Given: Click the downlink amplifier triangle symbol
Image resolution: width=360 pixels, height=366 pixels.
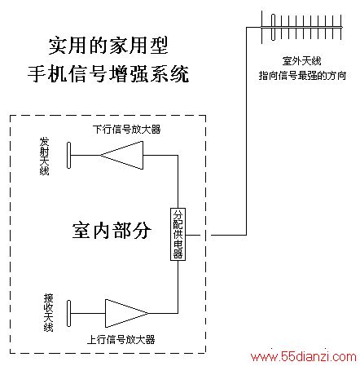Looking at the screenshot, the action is coord(122,155).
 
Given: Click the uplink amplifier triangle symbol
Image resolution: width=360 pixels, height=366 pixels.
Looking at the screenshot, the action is coord(126,313).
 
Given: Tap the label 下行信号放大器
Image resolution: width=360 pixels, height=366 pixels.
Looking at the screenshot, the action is coord(126,130).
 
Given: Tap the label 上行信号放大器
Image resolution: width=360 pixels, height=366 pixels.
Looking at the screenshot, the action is coord(121,340).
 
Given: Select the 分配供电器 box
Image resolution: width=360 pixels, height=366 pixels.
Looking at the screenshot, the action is coord(178,234).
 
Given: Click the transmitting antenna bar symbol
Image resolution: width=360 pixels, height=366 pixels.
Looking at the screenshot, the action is coord(68,155).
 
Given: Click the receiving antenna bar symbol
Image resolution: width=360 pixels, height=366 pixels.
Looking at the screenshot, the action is coord(68,313).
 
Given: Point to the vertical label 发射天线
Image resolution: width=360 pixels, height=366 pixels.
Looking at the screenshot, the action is coord(44,157).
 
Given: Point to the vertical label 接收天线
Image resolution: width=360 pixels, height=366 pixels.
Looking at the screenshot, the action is coord(48,312).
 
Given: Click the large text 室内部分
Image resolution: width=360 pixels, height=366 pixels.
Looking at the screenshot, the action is coord(112,230).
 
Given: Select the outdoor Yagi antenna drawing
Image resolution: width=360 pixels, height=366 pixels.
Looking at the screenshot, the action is coord(301,27).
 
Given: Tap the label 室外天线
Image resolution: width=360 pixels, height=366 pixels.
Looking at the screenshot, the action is coord(301,61).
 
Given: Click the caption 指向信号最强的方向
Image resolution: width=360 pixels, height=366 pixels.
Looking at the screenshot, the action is coord(302,75).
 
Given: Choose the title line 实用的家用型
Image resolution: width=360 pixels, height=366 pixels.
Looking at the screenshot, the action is coord(108,46).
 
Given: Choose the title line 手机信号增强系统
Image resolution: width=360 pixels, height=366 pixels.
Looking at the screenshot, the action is coord(108,73).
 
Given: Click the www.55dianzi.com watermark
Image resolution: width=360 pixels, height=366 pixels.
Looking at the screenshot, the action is coord(304,356).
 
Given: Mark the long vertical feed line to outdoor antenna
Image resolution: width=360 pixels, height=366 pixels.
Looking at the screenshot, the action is coord(247,131).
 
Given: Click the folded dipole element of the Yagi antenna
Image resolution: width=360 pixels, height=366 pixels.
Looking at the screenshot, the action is coord(273,27).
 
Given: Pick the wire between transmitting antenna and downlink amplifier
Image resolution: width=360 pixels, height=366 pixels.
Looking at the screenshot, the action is coord(86,155).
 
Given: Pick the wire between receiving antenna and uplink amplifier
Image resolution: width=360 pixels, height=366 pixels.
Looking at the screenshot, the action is coord(88,313).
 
